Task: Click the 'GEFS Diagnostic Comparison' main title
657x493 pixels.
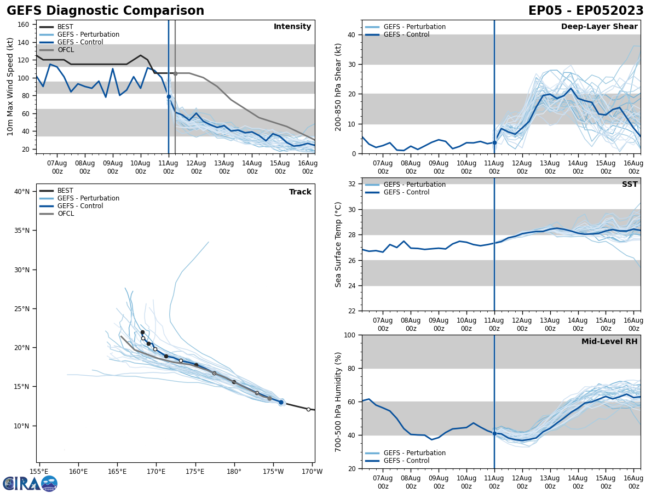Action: click(x=105, y=11)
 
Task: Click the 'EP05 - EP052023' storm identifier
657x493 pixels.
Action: click(x=586, y=11)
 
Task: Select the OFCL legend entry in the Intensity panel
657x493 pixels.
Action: click(x=65, y=50)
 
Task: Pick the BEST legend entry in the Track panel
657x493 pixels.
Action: click(x=65, y=191)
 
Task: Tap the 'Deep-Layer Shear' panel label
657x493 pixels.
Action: click(x=599, y=27)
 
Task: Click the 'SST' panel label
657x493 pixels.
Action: click(x=630, y=185)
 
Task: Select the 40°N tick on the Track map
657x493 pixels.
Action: click(x=22, y=192)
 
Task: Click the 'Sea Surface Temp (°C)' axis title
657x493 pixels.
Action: click(x=338, y=244)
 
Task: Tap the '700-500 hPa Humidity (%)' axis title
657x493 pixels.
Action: click(x=338, y=402)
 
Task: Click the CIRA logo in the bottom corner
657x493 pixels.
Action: click(x=30, y=484)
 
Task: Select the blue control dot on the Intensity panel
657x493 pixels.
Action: click(x=169, y=96)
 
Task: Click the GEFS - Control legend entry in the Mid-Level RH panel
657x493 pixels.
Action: click(x=406, y=461)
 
